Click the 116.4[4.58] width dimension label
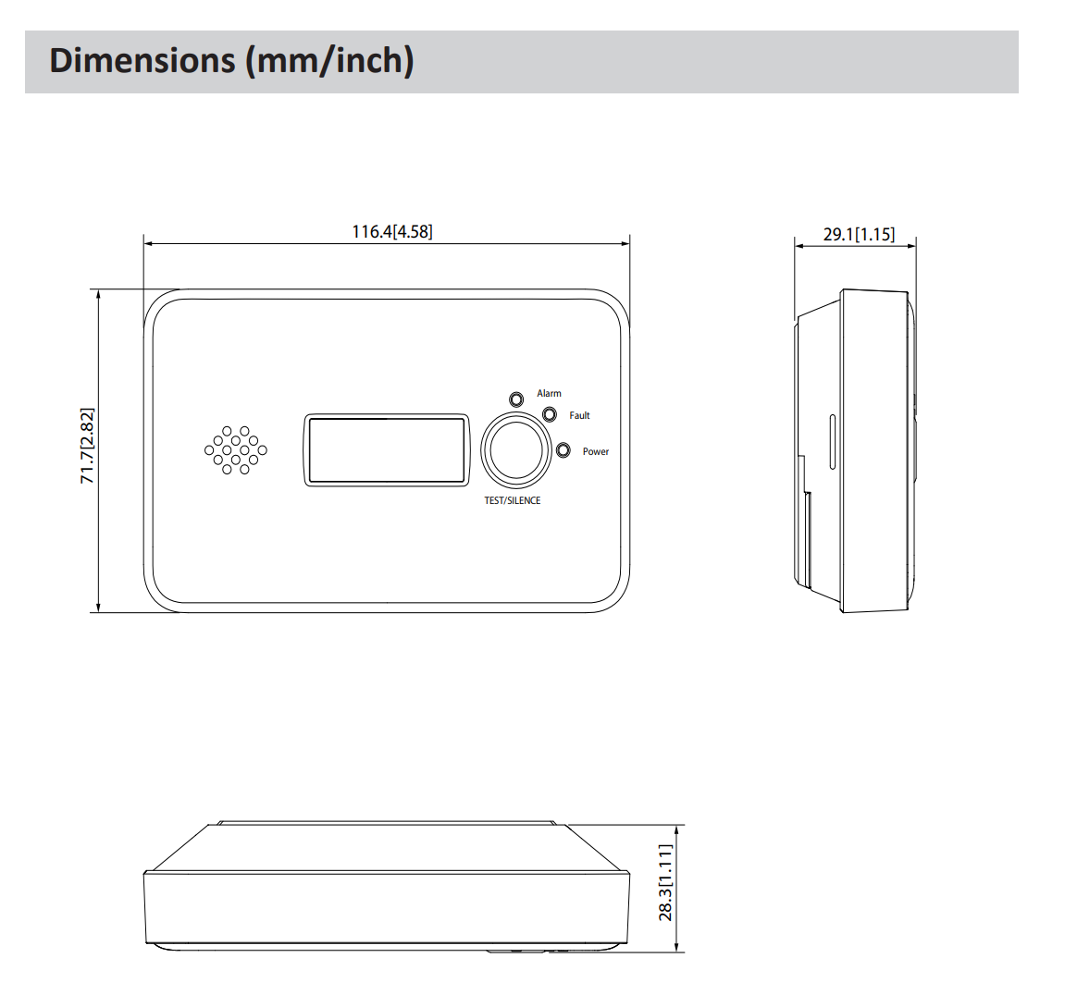pos(391,231)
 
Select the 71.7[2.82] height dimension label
pos(87,446)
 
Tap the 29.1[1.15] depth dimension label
pos(859,234)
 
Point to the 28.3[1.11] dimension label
pos(666,882)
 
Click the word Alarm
pos(549,393)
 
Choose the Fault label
pos(579,415)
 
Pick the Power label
pos(595,451)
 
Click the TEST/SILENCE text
pos(512,500)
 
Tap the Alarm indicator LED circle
pos(517,399)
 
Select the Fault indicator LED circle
pos(550,414)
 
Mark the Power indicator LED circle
pos(563,450)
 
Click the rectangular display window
pos(386,450)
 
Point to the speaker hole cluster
pos(235,450)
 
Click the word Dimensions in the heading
pos(142,60)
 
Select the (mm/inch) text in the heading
pos(328,60)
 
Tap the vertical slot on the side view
pos(832,445)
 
